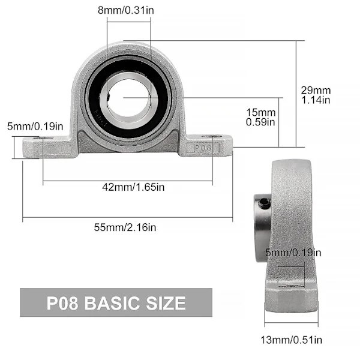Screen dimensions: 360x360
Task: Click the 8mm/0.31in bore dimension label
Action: (126, 10)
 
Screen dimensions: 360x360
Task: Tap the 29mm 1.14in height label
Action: (316, 95)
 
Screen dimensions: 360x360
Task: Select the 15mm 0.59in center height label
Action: (260, 117)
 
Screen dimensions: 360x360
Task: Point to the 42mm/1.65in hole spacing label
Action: (133, 187)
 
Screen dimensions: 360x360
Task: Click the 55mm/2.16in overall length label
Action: (125, 227)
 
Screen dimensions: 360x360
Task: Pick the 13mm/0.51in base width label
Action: (292, 340)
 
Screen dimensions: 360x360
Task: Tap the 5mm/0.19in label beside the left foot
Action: (35, 127)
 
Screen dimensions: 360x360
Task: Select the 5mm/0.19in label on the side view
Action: (293, 253)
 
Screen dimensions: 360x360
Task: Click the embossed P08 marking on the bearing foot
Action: (203, 148)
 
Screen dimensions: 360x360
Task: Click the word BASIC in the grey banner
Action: (112, 303)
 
